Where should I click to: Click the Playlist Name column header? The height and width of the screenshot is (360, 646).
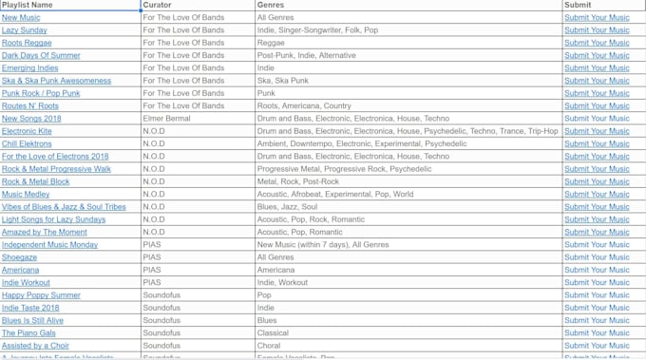coord(28,5)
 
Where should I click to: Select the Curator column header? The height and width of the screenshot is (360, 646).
coord(157,5)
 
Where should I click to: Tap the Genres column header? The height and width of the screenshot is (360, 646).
coord(270,5)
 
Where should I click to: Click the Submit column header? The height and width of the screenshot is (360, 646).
coord(578,5)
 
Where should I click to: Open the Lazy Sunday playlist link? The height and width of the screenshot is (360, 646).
coord(25,30)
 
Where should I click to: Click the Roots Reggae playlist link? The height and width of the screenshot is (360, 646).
coord(27,43)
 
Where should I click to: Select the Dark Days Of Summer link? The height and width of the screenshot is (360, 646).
coord(41,55)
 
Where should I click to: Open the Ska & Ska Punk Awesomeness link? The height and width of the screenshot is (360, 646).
coord(56,81)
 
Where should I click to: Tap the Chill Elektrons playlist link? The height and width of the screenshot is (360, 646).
coord(27,143)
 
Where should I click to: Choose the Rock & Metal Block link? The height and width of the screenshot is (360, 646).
coord(35,181)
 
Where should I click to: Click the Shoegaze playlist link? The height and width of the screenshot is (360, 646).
coord(19,257)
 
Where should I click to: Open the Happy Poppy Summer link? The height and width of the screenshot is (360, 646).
coord(41,295)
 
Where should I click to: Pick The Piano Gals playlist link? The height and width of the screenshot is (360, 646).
coord(28,333)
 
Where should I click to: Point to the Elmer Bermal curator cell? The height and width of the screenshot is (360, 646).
coord(166,119)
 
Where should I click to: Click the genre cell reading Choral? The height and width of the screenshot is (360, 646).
coord(270,346)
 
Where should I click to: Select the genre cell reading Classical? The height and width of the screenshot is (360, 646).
coord(273,333)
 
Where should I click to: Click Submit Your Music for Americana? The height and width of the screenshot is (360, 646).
coord(597,270)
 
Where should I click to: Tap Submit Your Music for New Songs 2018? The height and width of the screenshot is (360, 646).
coord(597,119)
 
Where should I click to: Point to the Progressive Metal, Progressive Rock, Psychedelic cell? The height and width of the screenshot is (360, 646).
coord(344,169)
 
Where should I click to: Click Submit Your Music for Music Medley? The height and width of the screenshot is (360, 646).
coord(597,194)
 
